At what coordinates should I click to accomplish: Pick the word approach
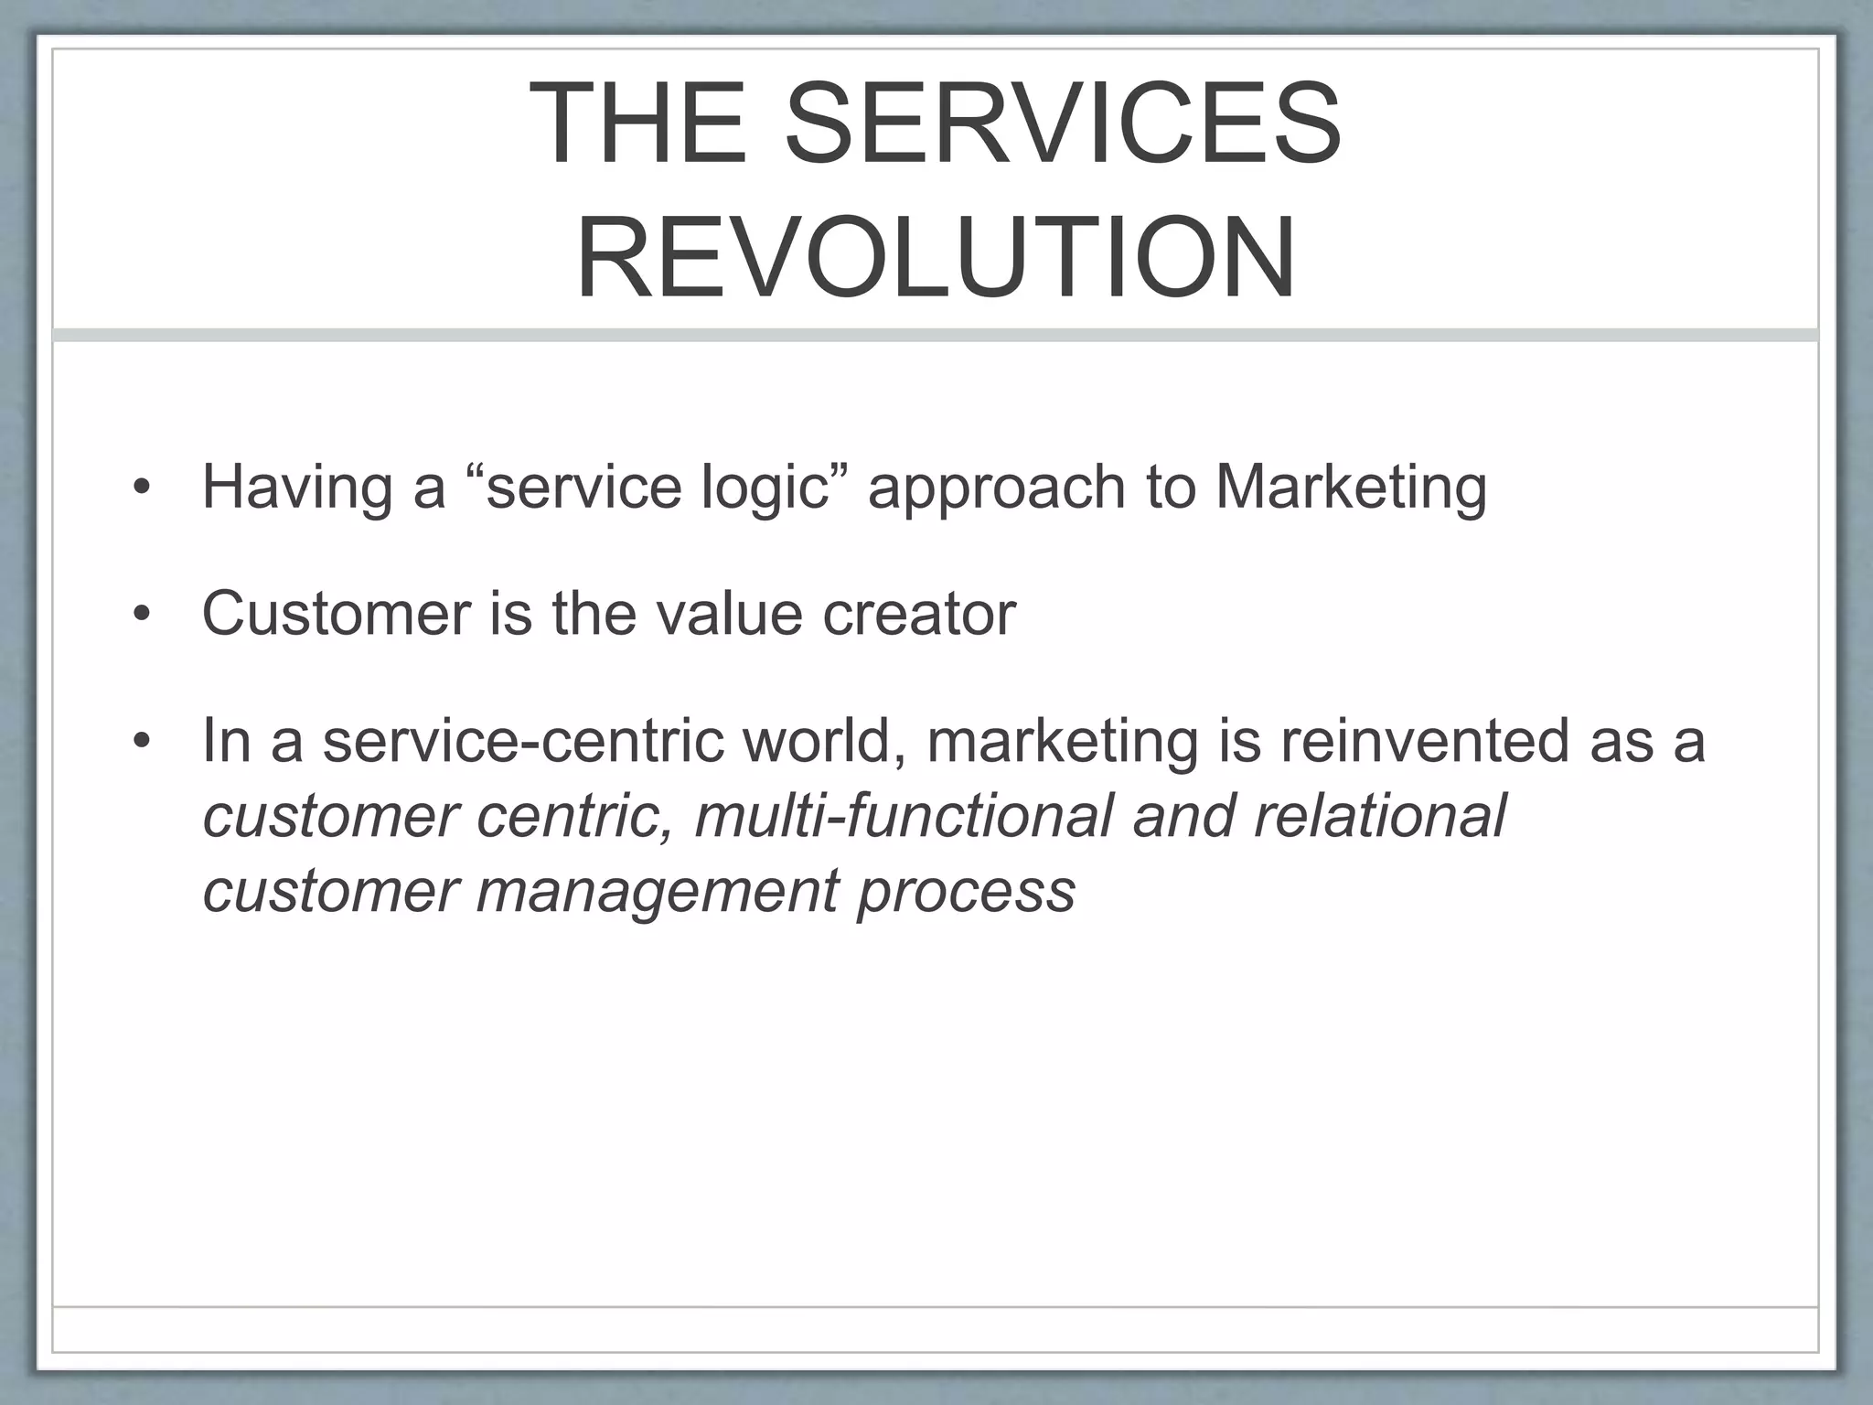pos(996,488)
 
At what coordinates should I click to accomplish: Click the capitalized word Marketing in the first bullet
pos(1351,488)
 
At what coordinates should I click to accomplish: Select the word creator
pos(918,614)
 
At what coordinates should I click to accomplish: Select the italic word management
pos(657,890)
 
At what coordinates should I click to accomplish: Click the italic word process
pos(966,890)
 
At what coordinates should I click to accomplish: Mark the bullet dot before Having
pos(140,488)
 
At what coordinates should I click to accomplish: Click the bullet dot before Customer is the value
pos(140,614)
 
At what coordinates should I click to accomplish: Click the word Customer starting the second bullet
pos(336,614)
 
